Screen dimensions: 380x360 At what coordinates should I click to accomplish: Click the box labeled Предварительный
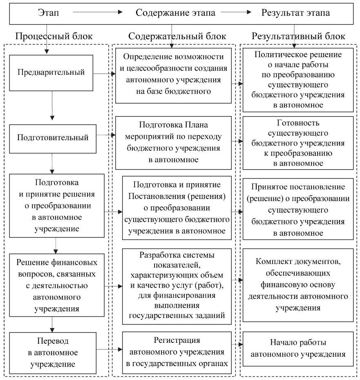[x=51, y=73]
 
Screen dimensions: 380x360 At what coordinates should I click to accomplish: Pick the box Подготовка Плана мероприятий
[x=174, y=142]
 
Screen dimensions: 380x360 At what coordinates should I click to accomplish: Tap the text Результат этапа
[x=295, y=13]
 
